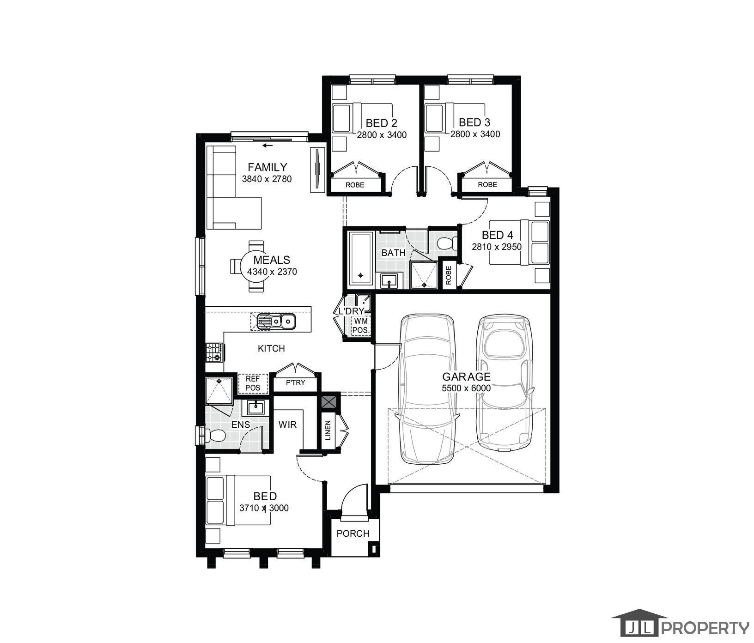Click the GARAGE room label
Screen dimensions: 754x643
(466, 377)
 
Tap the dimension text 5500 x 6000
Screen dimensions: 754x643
(466, 388)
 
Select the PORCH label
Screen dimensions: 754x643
(353, 534)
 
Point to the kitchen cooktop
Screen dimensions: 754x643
(215, 352)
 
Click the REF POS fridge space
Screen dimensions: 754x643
(253, 383)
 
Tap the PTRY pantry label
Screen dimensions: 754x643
(295, 382)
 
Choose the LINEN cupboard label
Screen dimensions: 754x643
(328, 430)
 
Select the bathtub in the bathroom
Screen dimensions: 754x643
(361, 258)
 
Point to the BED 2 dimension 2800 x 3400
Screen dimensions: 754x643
(382, 135)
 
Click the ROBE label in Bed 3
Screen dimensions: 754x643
(487, 184)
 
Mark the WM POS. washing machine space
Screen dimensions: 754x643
(360, 326)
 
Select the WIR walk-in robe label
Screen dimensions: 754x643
(287, 425)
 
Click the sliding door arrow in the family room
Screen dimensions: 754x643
(267, 146)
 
